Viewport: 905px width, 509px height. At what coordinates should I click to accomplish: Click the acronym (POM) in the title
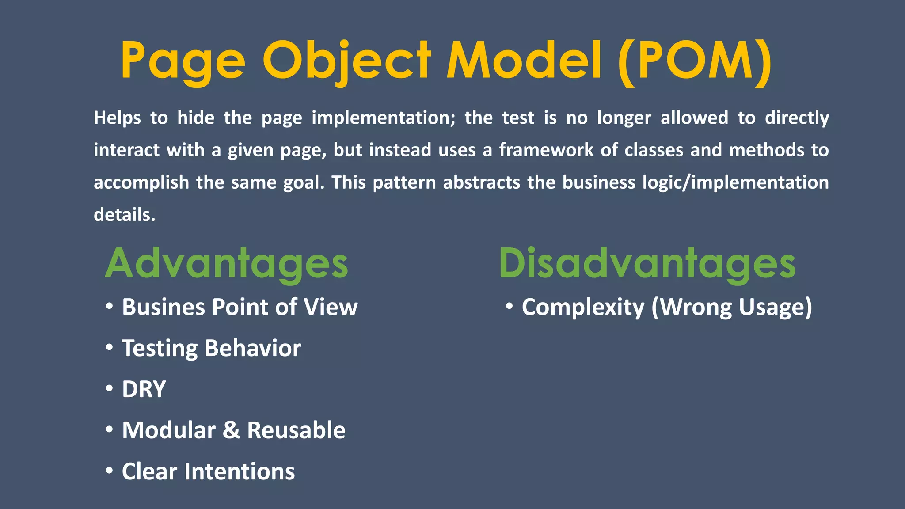point(695,61)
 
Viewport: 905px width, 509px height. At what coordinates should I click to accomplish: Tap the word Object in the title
point(347,61)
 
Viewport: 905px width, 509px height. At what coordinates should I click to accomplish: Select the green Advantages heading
point(226,264)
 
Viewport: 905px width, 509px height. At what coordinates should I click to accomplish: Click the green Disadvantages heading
point(647,264)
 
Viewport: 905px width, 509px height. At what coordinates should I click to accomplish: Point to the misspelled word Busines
point(163,307)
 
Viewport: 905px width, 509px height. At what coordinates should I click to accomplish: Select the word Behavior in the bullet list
point(253,348)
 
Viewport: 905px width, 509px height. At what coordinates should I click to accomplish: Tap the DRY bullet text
point(144,389)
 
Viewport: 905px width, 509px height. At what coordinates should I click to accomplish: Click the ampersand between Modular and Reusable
point(231,430)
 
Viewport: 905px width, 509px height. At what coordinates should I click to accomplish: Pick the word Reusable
point(296,430)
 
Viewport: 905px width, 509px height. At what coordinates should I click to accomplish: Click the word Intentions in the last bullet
point(240,471)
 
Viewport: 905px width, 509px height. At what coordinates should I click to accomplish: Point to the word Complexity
point(583,307)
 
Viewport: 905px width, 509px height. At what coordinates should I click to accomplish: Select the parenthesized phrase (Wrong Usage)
point(732,307)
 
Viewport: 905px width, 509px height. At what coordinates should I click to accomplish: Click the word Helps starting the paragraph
point(117,118)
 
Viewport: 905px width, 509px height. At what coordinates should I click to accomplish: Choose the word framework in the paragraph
point(546,150)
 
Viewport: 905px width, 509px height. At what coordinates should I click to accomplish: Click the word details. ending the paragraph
point(124,215)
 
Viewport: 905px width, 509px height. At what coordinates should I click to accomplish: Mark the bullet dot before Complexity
point(509,306)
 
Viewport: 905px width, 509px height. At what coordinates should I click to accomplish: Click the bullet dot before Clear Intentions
point(109,470)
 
